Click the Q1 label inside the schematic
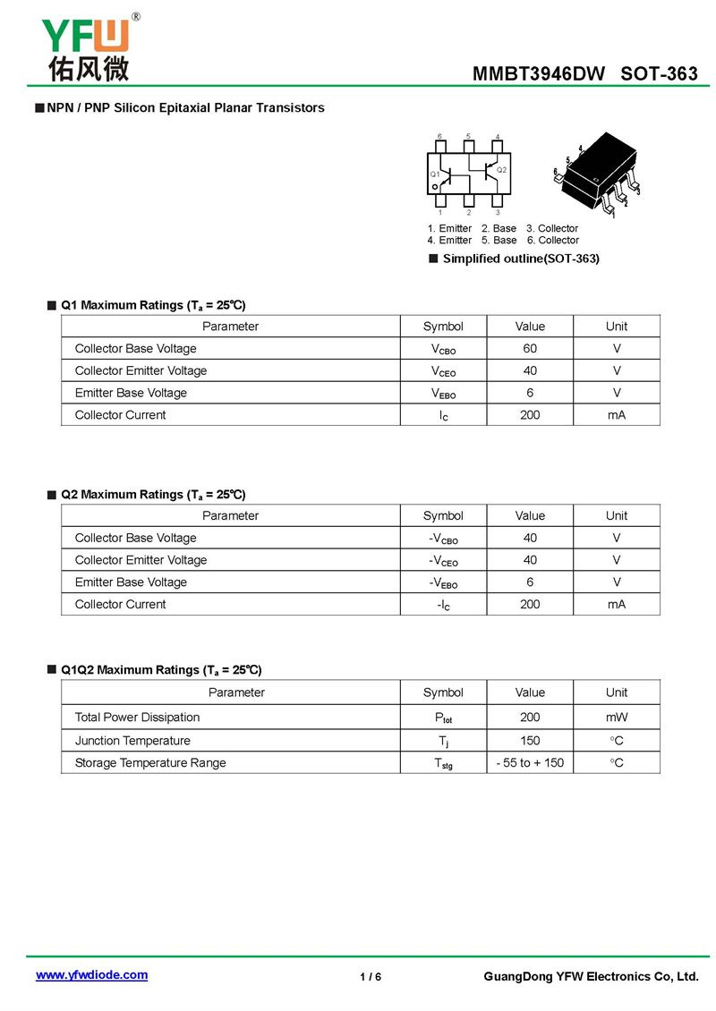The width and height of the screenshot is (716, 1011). coord(435,174)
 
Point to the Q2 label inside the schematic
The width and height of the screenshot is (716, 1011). coord(501,170)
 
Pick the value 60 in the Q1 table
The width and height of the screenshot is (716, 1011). coord(530,349)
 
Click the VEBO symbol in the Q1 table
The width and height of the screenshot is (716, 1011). coord(443,394)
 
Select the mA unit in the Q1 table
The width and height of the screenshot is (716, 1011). coord(616,415)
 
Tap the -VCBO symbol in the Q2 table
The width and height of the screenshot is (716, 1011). coord(443,539)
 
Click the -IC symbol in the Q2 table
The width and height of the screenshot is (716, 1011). coord(443,605)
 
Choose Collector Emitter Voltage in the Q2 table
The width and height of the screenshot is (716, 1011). coord(141,560)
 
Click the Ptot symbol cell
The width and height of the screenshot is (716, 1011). coord(443,718)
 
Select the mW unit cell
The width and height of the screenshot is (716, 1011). coord(616,718)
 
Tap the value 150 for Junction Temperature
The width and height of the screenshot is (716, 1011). coord(530,741)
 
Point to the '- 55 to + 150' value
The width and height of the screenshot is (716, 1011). coord(530,763)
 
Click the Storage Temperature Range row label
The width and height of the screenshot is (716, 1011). coord(150,763)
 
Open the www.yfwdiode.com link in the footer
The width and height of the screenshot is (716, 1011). coord(91,975)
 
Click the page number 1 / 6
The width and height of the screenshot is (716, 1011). coord(371,977)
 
